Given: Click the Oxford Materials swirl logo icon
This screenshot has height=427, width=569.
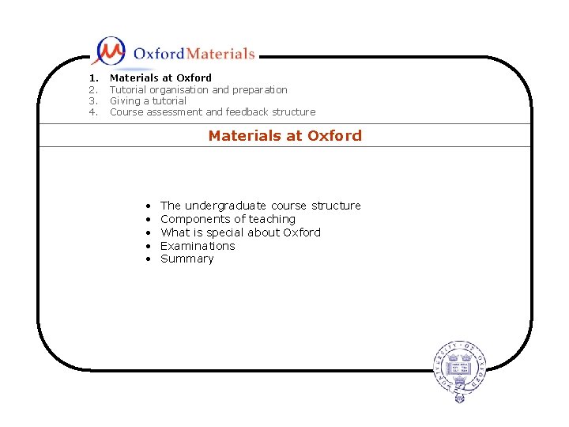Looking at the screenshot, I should pos(109,51).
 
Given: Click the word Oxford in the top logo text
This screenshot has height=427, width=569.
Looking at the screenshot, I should pos(158,54).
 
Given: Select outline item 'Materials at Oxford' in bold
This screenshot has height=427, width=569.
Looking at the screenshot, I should pos(160,77).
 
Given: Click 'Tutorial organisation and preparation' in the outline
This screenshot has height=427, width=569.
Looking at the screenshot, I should pos(198,89).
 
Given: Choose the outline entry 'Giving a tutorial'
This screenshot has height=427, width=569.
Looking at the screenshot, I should pos(148,100).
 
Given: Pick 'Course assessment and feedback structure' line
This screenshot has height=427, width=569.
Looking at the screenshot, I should pos(212,111).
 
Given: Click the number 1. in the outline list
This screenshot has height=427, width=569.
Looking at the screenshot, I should pos(93,77).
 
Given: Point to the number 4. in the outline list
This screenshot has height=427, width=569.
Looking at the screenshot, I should pos(93,111).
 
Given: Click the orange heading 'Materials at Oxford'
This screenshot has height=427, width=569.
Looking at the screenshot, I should pos(284,135).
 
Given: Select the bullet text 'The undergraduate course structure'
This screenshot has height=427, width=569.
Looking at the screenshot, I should pos(260,206).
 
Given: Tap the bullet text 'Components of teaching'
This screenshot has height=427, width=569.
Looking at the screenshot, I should pos(228,219).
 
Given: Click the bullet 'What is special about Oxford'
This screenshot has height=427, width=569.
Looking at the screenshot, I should pos(240,232).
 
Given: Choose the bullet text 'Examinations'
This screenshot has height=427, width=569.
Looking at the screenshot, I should pos(198,246).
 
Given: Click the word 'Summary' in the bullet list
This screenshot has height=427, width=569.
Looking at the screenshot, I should pos(187,259).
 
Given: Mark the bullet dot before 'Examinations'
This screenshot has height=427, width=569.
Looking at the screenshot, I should pos(148,246).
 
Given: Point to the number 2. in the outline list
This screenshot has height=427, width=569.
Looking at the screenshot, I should pos(93,89).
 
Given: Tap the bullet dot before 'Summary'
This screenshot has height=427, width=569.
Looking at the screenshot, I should pos(148,259).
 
